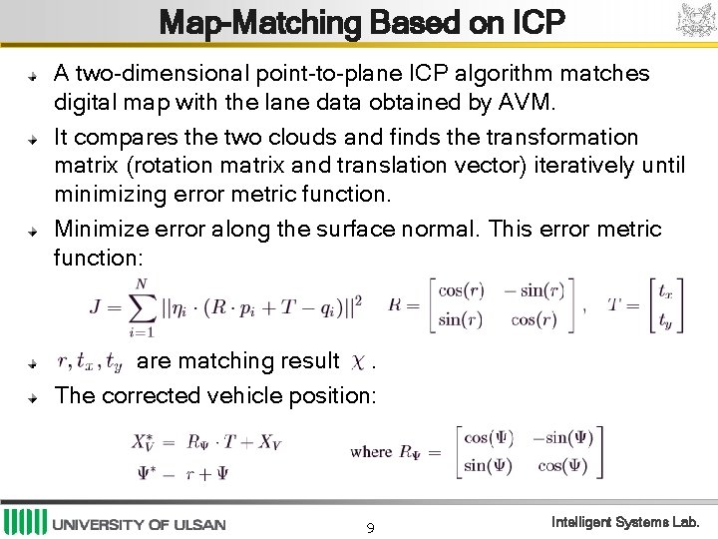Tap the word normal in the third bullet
(440, 230)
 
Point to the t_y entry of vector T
(664, 320)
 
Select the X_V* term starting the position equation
(146, 441)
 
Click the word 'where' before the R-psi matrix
(370, 451)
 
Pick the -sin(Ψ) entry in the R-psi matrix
(562, 437)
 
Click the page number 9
(370, 527)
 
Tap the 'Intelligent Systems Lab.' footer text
(626, 522)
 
